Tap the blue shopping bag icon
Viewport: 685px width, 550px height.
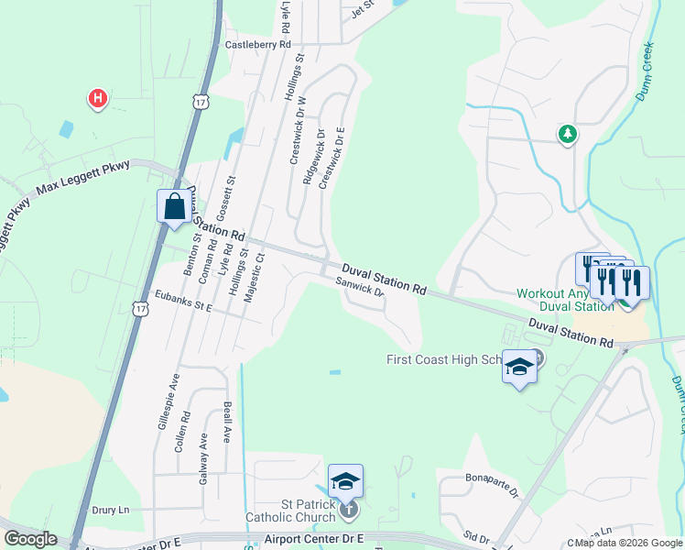174,207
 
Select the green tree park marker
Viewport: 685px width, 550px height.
568,135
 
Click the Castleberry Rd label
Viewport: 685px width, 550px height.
257,44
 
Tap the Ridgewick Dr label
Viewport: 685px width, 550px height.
311,156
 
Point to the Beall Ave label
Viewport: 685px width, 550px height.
227,423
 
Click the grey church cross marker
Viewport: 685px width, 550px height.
347,509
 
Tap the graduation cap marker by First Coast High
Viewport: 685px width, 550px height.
519,368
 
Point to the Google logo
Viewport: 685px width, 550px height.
30,539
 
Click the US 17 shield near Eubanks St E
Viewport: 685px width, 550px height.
139,309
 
